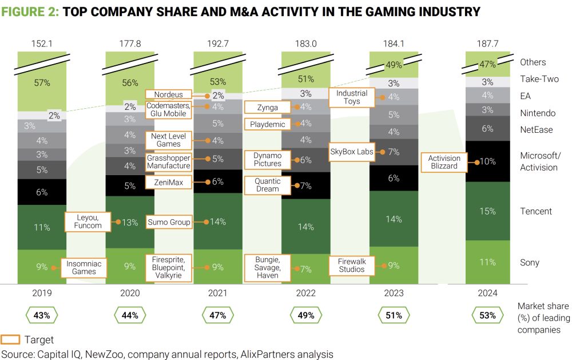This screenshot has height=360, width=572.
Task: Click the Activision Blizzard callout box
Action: (444, 162)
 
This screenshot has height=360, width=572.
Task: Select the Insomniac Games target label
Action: (84, 267)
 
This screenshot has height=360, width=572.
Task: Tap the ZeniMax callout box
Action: (168, 181)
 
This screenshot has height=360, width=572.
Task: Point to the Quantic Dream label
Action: (268, 185)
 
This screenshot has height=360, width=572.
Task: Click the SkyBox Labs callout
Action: (352, 152)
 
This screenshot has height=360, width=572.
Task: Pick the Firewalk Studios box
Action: (352, 265)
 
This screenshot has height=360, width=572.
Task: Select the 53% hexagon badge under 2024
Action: (487, 315)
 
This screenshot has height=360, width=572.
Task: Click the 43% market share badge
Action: (42, 315)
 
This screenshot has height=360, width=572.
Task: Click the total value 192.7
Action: (218, 42)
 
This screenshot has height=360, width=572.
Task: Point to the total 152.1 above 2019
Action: (42, 42)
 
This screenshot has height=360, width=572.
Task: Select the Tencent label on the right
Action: (536, 211)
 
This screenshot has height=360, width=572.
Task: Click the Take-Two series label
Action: (539, 79)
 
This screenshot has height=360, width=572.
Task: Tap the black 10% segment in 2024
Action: (487, 162)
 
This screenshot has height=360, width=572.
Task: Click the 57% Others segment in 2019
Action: (42, 82)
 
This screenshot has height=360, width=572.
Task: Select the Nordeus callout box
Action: (168, 94)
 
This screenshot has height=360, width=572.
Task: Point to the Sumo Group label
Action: (169, 222)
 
